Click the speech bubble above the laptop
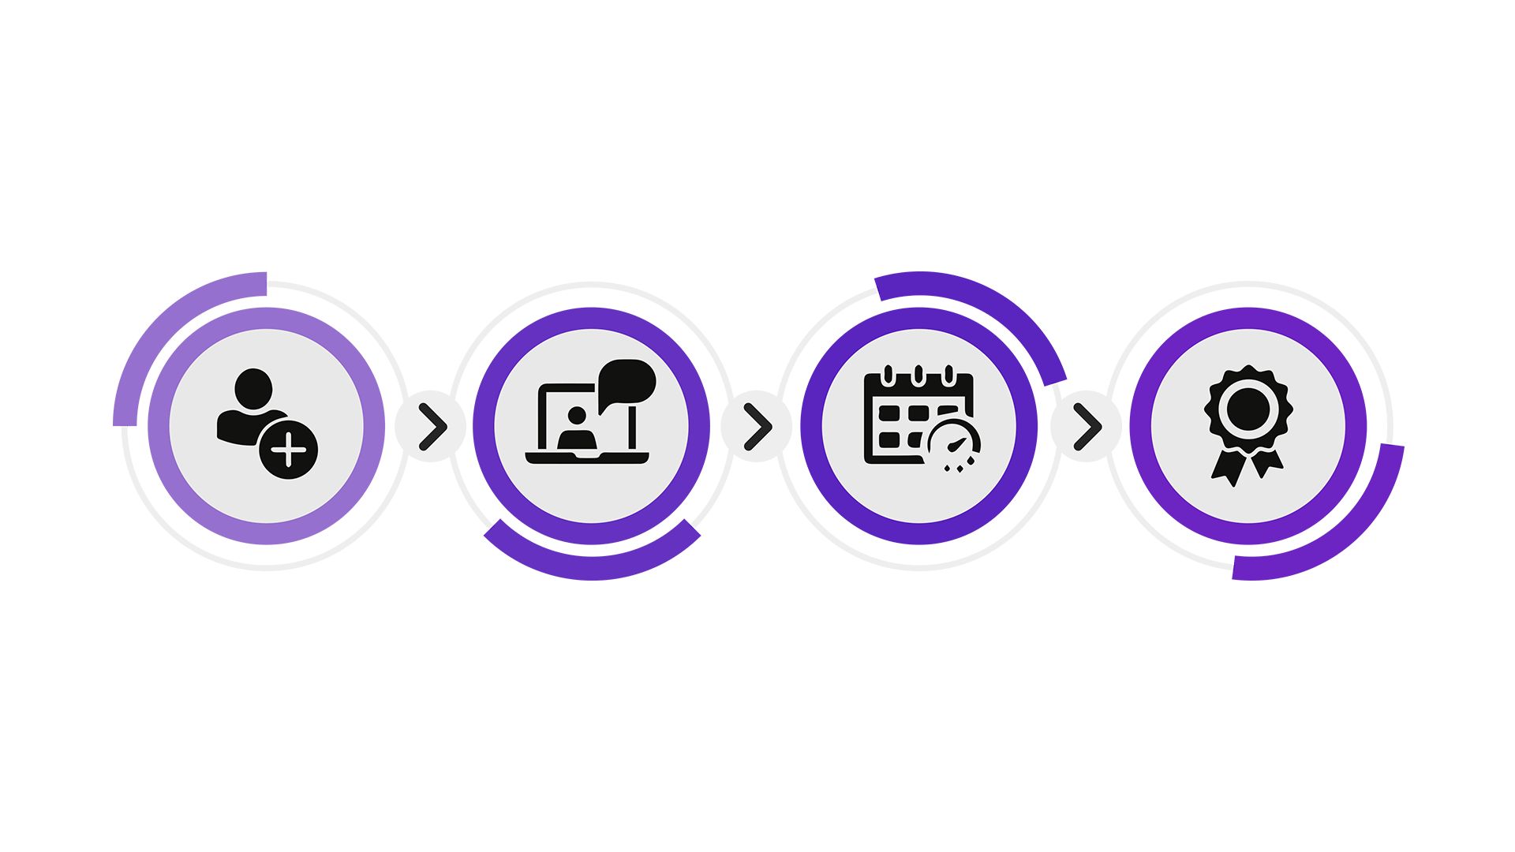[x=627, y=383]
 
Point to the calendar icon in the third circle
[x=919, y=418]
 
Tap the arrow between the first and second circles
[x=431, y=426]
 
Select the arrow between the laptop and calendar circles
[x=757, y=426]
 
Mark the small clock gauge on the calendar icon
[x=953, y=446]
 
